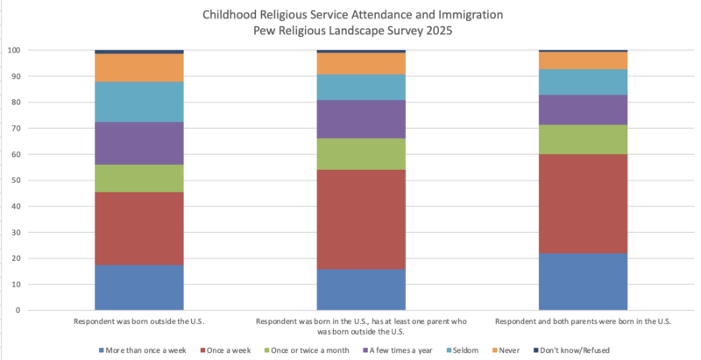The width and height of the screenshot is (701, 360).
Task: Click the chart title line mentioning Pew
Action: click(350, 31)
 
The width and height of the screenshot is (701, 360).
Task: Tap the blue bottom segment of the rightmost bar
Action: click(583, 281)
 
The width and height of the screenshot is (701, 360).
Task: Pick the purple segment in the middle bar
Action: click(361, 119)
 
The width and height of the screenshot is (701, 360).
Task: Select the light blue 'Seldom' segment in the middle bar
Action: click(361, 87)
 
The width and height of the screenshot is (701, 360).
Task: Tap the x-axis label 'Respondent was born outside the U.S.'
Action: click(139, 321)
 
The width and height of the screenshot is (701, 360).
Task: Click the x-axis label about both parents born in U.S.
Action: click(583, 321)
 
